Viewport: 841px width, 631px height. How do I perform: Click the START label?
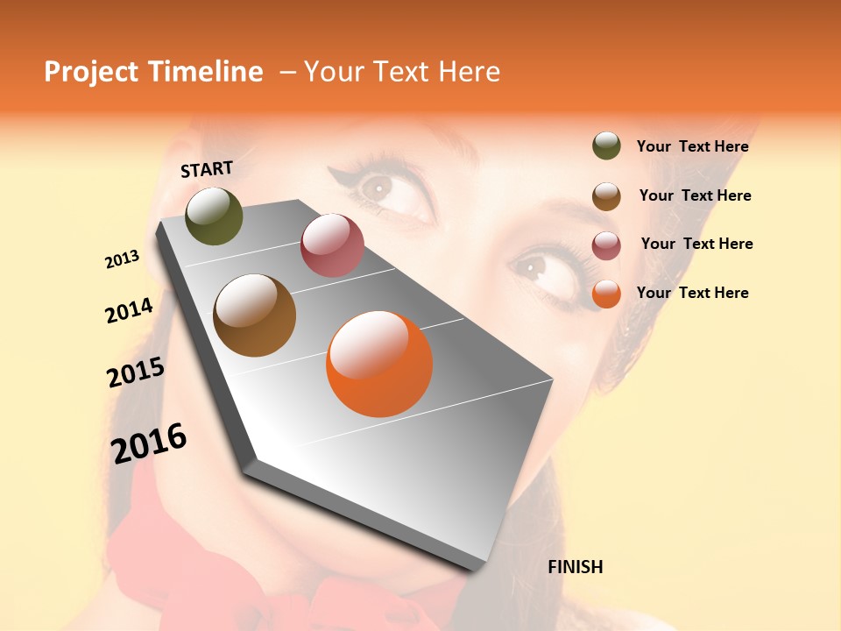coord(207,169)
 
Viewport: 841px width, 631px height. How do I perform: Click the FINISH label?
coord(575,567)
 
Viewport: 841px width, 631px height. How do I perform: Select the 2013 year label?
coord(122,259)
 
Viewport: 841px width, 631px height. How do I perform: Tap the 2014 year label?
coord(129,310)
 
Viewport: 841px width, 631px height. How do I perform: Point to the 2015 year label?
coord(136,372)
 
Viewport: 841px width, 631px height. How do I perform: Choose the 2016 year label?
coord(149,443)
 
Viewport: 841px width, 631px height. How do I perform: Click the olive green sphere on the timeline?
coord(214,216)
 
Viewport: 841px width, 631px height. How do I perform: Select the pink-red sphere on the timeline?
coord(332,245)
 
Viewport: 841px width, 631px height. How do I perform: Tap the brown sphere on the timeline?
coord(255,315)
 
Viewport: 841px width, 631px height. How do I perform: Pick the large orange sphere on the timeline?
coord(379,364)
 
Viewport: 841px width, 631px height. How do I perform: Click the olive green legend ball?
coord(606,145)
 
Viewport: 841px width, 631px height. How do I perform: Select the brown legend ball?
coord(606,196)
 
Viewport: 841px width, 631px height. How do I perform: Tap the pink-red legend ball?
coord(606,245)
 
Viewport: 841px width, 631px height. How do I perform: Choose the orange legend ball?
coord(606,294)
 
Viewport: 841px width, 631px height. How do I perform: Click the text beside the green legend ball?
coord(692,146)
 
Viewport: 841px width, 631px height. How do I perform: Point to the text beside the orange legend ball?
coord(692,293)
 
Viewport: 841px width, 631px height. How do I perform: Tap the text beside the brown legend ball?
coord(695,195)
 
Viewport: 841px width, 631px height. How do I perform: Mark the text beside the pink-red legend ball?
coord(696,244)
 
